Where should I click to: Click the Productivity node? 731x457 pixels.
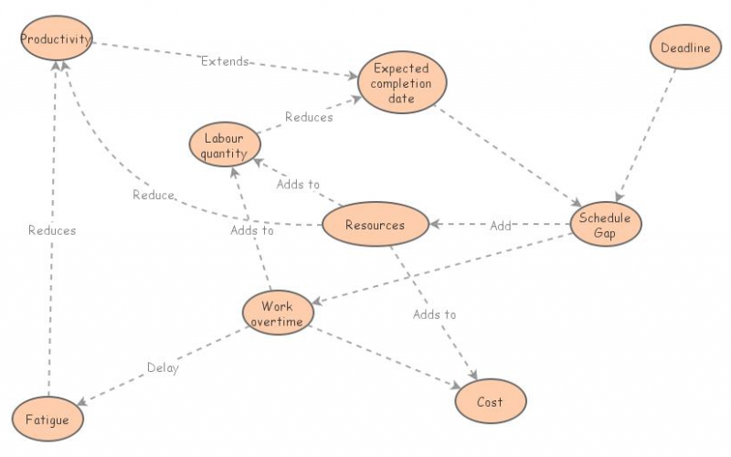57,40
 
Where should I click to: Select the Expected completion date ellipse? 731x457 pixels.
401,82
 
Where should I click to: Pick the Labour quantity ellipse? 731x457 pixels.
224,145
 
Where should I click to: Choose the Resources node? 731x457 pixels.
375,225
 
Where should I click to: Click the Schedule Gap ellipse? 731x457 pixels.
605,225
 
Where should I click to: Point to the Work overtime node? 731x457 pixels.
278,313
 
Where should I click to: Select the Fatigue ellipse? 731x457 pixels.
48,420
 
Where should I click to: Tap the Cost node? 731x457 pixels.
490,402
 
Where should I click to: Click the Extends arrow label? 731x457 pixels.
224,62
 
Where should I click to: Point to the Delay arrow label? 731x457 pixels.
163,369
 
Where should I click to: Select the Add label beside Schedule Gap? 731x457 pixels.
501,226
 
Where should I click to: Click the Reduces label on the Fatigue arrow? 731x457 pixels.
52,230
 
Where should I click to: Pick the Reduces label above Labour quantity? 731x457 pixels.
309,117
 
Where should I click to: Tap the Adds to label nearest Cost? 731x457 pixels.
434,314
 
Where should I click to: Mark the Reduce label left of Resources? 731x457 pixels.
153,196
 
